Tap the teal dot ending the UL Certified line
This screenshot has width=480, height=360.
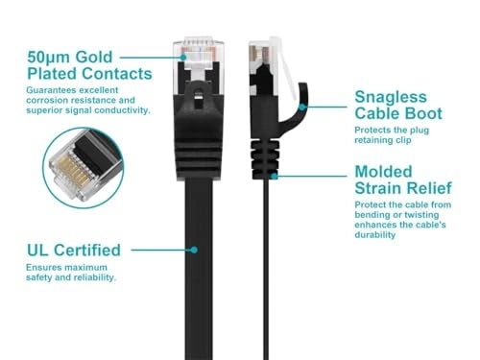coord(194,249)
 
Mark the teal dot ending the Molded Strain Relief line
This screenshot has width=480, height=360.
coord(276,176)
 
